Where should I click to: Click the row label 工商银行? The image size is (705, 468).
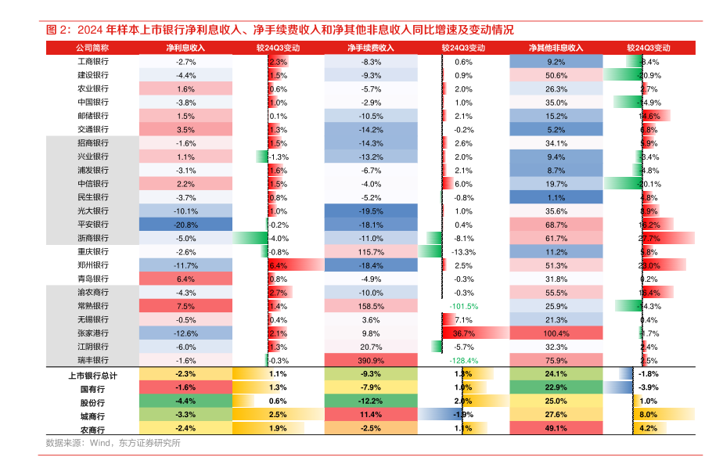pyautogui.click(x=93, y=62)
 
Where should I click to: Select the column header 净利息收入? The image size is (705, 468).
pyautogui.click(x=185, y=48)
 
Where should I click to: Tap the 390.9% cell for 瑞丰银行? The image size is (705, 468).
pyautogui.click(x=371, y=361)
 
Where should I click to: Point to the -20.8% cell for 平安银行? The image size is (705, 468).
pyautogui.click(x=185, y=225)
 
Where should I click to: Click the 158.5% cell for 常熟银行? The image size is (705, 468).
pyautogui.click(x=371, y=306)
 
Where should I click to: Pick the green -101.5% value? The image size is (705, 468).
pyautogui.click(x=463, y=306)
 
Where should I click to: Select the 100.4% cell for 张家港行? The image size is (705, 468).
pyautogui.click(x=556, y=333)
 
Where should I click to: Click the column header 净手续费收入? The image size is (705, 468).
pyautogui.click(x=371, y=48)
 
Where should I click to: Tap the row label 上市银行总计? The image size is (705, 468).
pyautogui.click(x=93, y=376)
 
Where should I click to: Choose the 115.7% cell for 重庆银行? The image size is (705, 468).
pyautogui.click(x=371, y=252)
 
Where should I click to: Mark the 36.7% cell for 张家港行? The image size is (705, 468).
pyautogui.click(x=463, y=333)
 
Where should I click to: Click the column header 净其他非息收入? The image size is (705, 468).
pyautogui.click(x=556, y=48)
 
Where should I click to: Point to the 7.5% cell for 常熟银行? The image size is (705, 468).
pyautogui.click(x=185, y=306)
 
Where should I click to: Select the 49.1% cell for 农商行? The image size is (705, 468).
pyautogui.click(x=556, y=429)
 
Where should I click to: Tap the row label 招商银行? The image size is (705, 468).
pyautogui.click(x=93, y=143)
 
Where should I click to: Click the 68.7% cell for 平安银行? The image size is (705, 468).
pyautogui.click(x=556, y=225)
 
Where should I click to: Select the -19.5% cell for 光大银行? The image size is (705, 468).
pyautogui.click(x=371, y=211)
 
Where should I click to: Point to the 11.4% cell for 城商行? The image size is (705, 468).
pyautogui.click(x=371, y=415)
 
